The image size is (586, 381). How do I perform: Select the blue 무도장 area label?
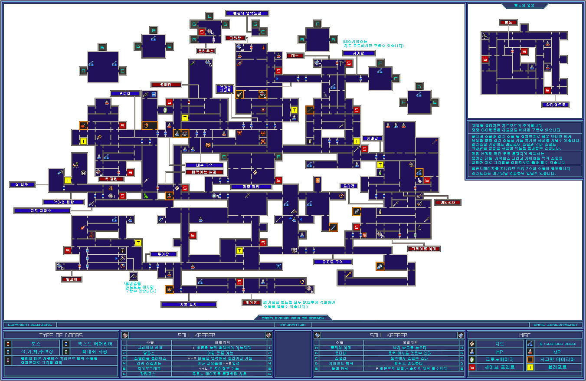125,93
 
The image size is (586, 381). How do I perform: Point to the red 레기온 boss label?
252,302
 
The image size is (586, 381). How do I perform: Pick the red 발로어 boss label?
72,279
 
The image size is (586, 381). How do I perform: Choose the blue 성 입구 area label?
22,185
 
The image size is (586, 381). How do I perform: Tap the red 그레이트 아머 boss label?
424,249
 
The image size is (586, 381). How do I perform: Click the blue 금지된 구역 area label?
333,262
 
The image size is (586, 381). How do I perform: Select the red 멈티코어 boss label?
448,202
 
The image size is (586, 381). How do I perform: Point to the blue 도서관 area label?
349,186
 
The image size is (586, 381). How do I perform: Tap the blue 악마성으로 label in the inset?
555,105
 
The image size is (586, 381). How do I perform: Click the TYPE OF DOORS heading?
61,335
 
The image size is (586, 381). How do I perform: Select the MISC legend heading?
524,335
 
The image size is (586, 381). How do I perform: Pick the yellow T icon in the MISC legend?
530,368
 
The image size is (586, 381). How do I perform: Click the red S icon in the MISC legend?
473,368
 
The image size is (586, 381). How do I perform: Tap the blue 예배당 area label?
372,138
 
